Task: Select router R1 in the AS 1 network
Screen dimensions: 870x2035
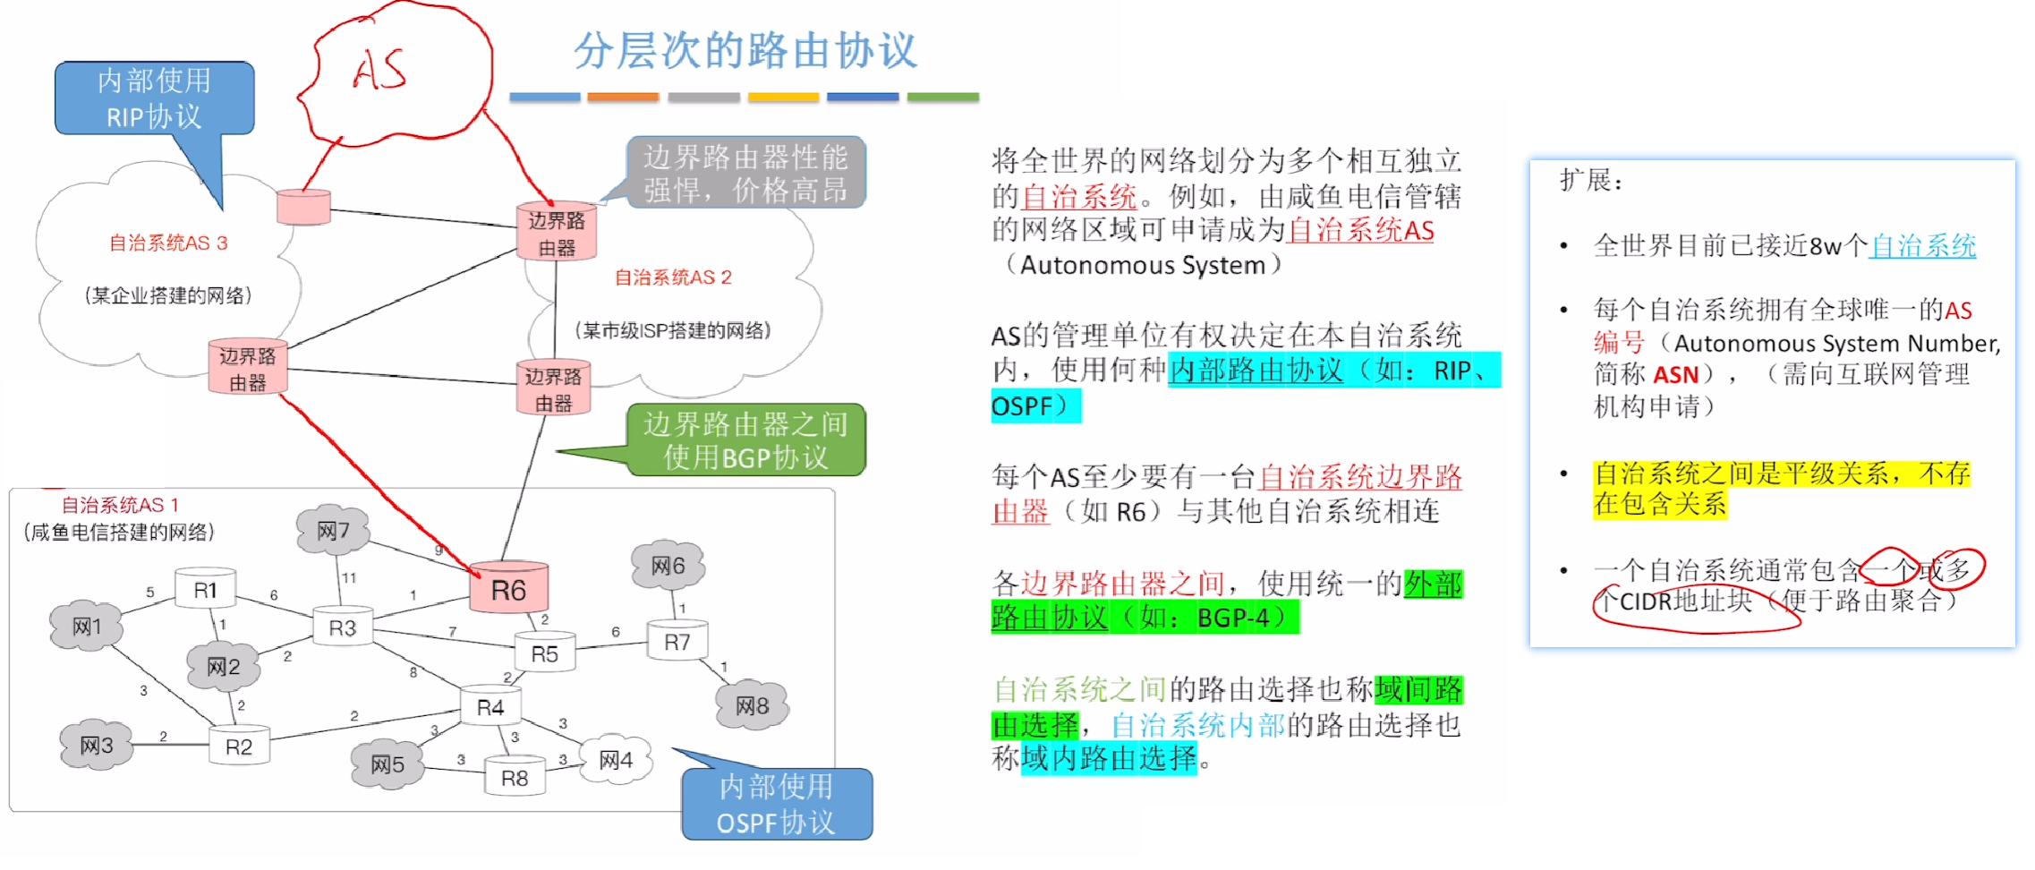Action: coord(205,589)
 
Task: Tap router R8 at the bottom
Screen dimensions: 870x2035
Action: coord(514,777)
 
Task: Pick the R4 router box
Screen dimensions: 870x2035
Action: coord(490,707)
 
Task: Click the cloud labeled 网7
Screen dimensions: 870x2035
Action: coord(333,530)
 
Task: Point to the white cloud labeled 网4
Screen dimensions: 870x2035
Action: coord(616,760)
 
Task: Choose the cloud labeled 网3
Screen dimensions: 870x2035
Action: coord(96,745)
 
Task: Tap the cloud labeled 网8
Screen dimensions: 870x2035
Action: coord(752,705)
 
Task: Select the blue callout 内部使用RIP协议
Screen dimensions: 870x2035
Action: coord(154,98)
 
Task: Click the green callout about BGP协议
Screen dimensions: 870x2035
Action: coord(745,439)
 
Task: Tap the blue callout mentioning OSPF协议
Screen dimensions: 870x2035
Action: coord(776,804)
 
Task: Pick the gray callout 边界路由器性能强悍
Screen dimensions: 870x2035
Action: coord(745,173)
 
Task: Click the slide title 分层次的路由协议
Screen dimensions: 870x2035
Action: coord(745,49)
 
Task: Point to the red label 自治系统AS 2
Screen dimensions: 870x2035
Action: coord(672,277)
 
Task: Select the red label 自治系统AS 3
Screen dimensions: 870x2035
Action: coord(168,243)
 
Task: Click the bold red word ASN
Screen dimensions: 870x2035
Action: coord(1675,374)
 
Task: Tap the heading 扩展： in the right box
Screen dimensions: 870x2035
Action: coord(1590,180)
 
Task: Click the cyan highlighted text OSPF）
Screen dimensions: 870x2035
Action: coord(1035,405)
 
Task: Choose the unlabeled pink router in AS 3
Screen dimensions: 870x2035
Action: coord(303,207)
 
